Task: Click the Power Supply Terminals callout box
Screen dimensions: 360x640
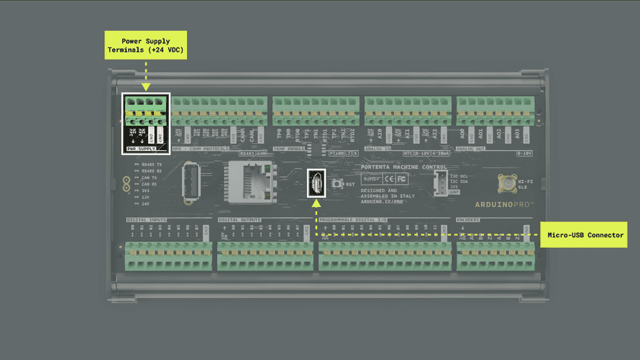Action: point(146,45)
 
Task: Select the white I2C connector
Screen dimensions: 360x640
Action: point(440,183)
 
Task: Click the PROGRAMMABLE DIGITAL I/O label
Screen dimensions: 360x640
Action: point(352,219)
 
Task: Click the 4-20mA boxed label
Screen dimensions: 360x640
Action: point(440,153)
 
